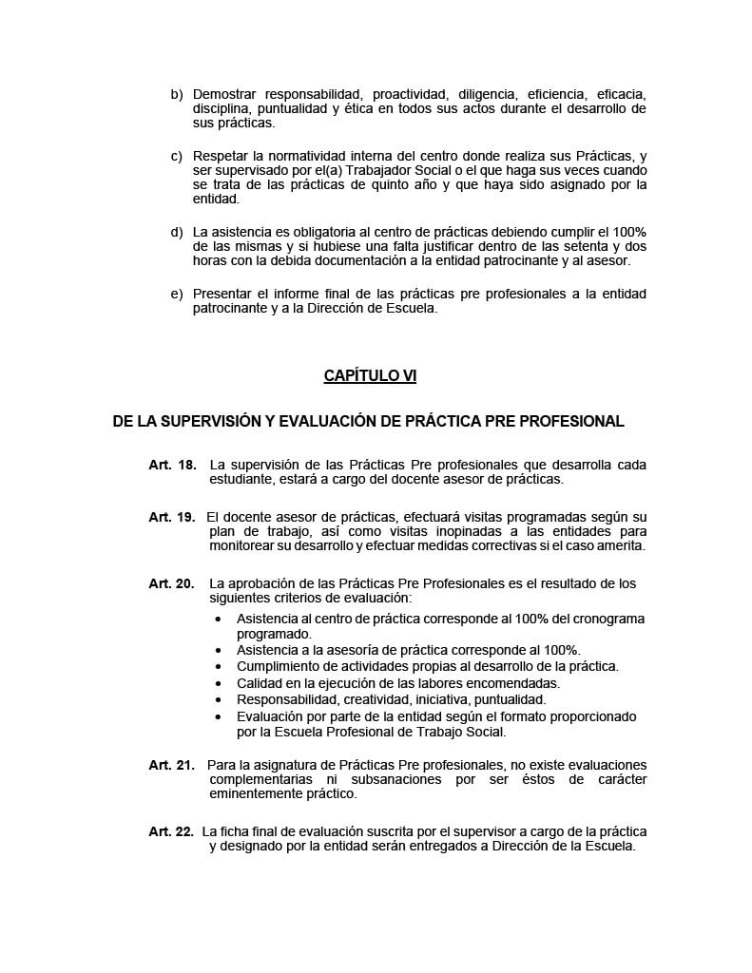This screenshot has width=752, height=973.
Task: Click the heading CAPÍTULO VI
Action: pos(370,376)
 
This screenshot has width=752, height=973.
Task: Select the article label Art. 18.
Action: pos(172,465)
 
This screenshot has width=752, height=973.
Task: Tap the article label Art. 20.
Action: pos(172,583)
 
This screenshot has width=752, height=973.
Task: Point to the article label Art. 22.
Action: pos(172,831)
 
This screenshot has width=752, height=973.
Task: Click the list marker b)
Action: pos(176,95)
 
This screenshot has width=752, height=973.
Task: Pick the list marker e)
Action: pos(176,294)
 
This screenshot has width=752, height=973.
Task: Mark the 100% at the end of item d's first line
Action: pos(627,233)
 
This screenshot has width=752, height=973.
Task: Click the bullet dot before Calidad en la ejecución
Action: pos(219,683)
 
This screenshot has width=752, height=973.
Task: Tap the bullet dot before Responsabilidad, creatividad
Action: pos(219,700)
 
